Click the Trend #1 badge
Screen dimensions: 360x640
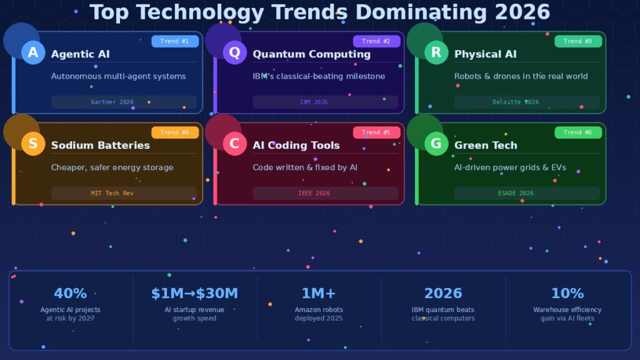[x=174, y=41]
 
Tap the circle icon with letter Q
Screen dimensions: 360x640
[x=234, y=53]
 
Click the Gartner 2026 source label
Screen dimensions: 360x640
[x=112, y=102]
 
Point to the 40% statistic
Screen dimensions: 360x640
[x=70, y=293]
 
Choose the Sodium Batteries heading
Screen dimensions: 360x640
[x=100, y=145]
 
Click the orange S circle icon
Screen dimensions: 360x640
[x=33, y=144]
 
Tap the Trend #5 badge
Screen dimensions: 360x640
[x=376, y=132]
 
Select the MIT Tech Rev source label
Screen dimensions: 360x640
[x=112, y=193]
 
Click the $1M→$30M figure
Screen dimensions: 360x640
[x=194, y=293]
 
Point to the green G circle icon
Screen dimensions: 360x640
[x=436, y=144]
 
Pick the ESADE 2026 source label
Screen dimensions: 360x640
[x=516, y=193]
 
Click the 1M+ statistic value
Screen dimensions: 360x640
[x=319, y=293]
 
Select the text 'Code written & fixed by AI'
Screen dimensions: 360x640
[x=304, y=167]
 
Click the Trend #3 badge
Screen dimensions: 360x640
[x=577, y=41]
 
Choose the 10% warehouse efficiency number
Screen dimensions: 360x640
[x=567, y=293]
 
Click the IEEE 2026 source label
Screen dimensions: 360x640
[x=314, y=193]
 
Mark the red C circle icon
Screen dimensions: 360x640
[x=234, y=144]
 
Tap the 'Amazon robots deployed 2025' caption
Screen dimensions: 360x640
[x=319, y=314]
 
